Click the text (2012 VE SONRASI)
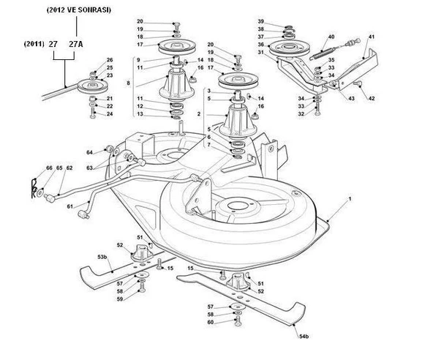tap(79, 10)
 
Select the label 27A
tap(75, 44)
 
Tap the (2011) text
tap(34, 44)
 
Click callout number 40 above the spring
tap(331, 37)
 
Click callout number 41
tap(372, 37)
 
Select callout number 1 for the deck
tap(350, 198)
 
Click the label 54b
tap(304, 337)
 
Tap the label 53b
tap(102, 257)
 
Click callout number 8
tap(128, 83)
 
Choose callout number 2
tap(199, 114)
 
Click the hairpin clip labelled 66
tap(34, 188)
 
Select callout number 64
tap(89, 152)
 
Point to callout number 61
tap(70, 206)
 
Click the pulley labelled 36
tap(290, 49)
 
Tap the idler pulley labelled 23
tap(92, 86)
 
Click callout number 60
tap(211, 322)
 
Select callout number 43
tap(351, 98)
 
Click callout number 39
tap(260, 21)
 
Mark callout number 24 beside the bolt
tap(110, 114)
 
